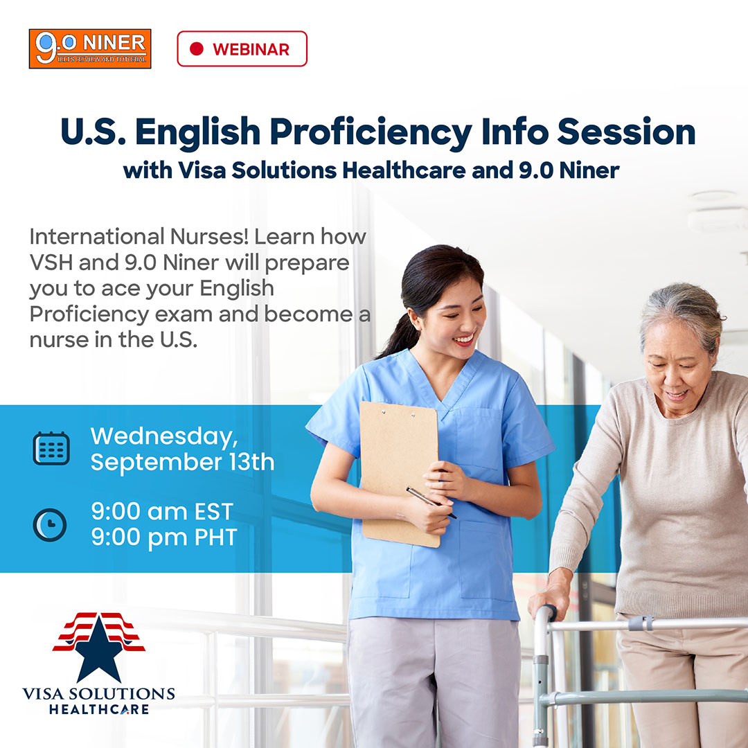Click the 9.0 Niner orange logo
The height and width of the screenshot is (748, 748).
[90, 48]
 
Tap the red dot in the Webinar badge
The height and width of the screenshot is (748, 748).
[197, 48]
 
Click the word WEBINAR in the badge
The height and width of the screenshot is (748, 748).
[251, 49]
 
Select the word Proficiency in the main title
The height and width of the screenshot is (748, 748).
[371, 132]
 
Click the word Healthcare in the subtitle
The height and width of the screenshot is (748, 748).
[404, 170]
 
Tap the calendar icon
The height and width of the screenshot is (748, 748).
[51, 448]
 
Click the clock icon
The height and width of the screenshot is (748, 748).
[50, 525]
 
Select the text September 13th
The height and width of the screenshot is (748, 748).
[183, 462]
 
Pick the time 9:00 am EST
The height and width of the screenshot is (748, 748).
[162, 511]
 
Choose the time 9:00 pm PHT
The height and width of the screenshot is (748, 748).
[164, 537]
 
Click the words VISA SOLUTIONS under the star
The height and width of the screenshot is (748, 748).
[99, 693]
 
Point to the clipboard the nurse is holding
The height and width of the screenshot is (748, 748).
[400, 473]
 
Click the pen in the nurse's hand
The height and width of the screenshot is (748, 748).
[431, 502]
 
